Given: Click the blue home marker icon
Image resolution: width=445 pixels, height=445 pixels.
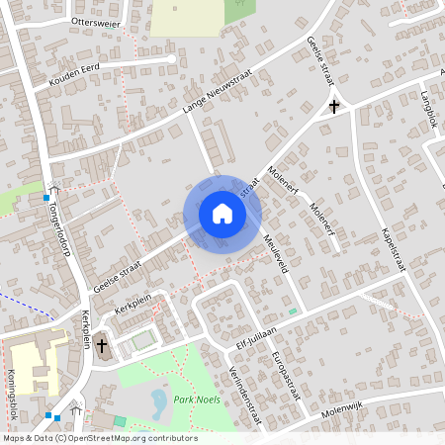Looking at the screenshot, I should (x=222, y=214).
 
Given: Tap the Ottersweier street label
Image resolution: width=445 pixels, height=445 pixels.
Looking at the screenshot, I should (x=96, y=22).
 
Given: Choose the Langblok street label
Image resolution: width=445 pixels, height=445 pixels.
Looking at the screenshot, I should (x=428, y=109).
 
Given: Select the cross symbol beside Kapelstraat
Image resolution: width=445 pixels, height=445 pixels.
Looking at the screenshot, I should (x=334, y=105).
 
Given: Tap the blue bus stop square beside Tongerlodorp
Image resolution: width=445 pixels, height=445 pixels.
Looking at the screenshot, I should (x=46, y=198).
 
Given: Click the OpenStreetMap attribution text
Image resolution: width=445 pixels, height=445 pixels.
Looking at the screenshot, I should (x=99, y=438).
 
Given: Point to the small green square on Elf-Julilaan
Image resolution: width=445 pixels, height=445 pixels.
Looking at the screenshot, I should (x=293, y=311).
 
